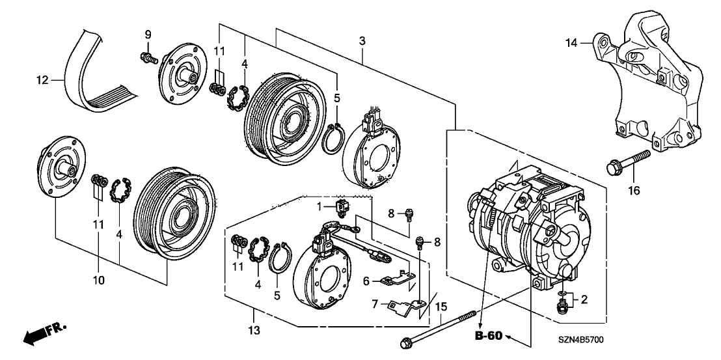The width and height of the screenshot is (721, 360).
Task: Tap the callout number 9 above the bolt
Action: [148, 33]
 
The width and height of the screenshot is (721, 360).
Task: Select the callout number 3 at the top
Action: [362, 41]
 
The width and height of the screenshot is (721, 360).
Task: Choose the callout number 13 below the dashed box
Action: [253, 331]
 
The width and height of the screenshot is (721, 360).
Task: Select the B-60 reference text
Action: [488, 336]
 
